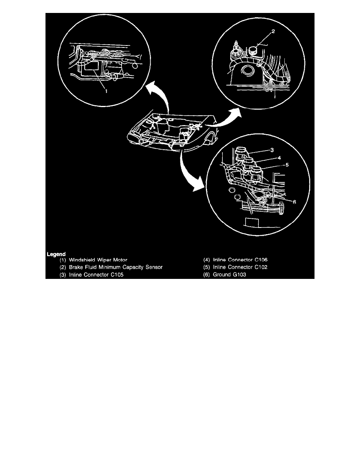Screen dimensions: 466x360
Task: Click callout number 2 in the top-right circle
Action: coord(273,33)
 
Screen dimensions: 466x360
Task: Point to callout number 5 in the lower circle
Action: coord(287,165)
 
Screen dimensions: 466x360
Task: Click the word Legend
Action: coord(56,254)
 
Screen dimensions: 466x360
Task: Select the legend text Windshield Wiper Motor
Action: coord(98,260)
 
